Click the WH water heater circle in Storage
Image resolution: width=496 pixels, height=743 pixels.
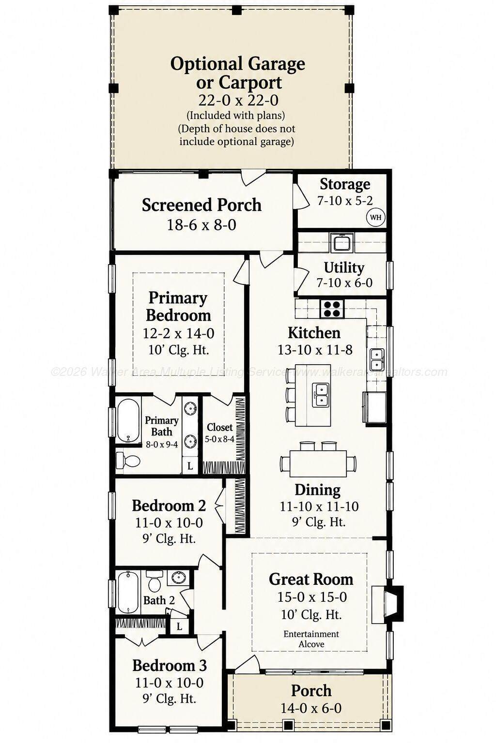coord(376,218)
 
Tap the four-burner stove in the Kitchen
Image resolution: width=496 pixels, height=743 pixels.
coord(332,309)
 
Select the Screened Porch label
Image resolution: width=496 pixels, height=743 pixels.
coord(201,205)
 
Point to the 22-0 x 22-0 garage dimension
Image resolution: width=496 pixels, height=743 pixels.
coord(238,100)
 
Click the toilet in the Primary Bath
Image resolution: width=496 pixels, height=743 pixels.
coord(128,461)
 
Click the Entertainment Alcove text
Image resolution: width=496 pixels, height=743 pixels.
coord(311,639)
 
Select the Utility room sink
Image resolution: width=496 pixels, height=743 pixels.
coord(342,243)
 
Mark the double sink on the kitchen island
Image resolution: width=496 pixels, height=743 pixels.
coord(321,395)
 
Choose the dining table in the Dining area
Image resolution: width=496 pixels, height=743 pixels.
coord(318,463)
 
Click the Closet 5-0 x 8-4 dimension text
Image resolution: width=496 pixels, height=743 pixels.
coord(219,439)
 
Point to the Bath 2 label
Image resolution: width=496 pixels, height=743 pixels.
coord(159,600)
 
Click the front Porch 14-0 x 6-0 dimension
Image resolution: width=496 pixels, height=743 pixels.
coord(311,708)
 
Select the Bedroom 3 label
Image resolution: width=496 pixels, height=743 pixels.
coord(170,666)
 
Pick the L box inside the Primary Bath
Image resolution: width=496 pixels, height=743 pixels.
coord(190,465)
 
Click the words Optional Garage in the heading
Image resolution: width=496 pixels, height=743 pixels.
coord(237,64)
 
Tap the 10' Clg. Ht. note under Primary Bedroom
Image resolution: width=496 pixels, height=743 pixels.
coord(178,350)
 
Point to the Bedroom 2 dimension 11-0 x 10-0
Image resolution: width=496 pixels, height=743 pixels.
coord(169,523)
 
